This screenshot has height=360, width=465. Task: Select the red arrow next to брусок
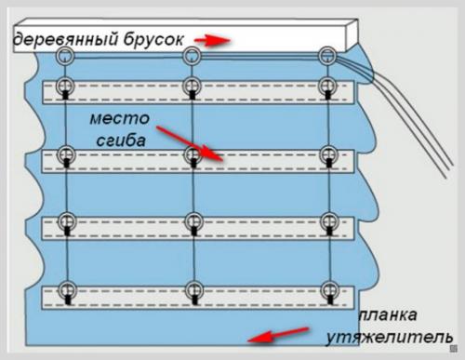point(214,41)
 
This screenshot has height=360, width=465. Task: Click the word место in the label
point(118,119)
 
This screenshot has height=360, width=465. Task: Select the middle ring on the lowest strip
point(193,288)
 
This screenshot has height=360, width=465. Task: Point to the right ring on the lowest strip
point(327,288)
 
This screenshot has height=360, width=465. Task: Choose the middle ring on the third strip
point(193,221)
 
